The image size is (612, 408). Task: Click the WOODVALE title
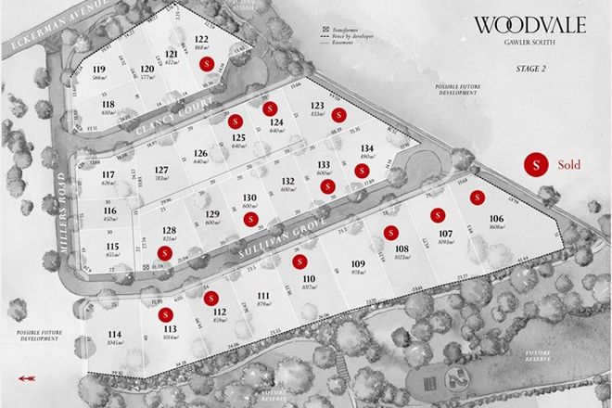tap(529, 25)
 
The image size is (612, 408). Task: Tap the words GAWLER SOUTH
tap(530, 43)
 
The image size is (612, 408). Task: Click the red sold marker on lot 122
tap(207, 63)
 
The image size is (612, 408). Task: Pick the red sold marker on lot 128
tap(165, 252)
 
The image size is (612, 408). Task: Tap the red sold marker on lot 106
tap(478, 197)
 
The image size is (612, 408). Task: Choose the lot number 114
tap(114, 335)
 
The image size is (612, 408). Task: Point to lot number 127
tap(161, 170)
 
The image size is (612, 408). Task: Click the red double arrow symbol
tap(25, 377)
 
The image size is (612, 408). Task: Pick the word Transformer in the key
tap(357, 32)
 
